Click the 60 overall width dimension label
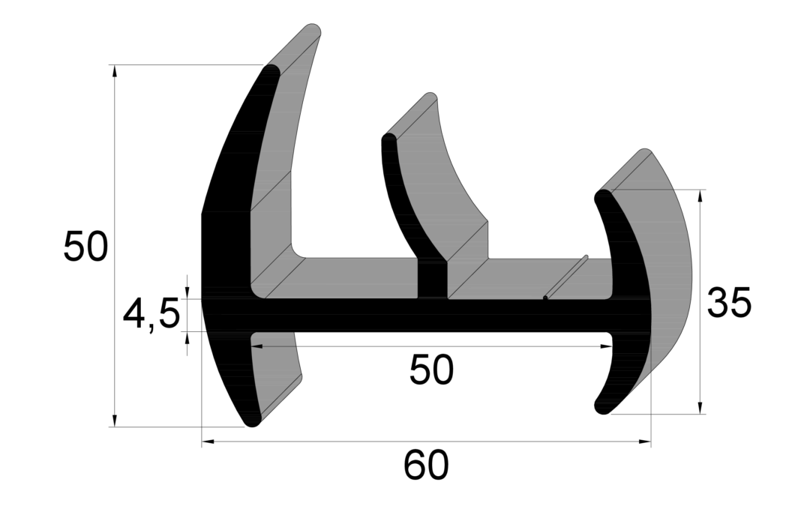tap(426, 465)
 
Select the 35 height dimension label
tap(729, 303)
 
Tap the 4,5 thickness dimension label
tap(151, 314)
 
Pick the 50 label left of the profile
tap(85, 247)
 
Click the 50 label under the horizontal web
tap(431, 370)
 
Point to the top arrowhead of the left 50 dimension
tap(115, 71)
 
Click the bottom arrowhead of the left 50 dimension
tap(115, 421)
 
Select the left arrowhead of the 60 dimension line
tap(208, 442)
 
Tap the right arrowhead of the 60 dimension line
tap(645, 442)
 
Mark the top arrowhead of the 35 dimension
tap(700, 196)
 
